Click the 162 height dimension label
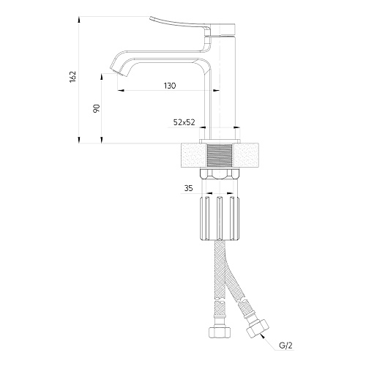tap(73, 77)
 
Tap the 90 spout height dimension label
tap(97, 108)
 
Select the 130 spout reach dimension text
tap(170, 86)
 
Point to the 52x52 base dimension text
tap(184, 122)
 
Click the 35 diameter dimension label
tap(188, 188)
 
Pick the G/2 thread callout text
tap(285, 346)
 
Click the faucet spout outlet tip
tap(119, 72)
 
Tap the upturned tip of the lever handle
tap(151, 18)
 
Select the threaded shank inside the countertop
tap(220, 155)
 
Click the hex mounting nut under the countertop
tap(220, 174)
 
